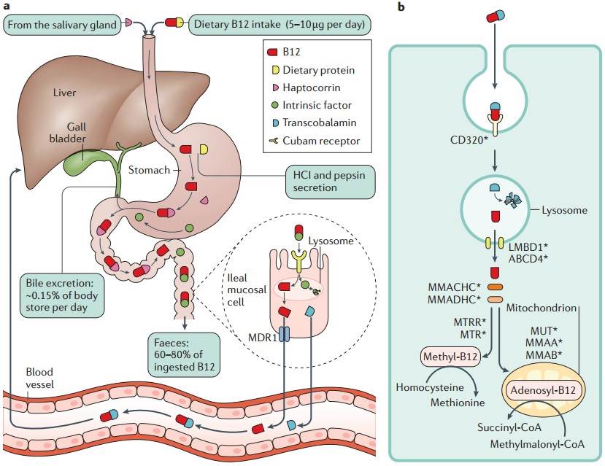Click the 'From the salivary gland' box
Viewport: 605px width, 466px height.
(x=62, y=25)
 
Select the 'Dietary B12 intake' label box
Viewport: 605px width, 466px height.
(x=281, y=25)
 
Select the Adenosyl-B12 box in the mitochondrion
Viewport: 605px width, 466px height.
(x=540, y=391)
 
